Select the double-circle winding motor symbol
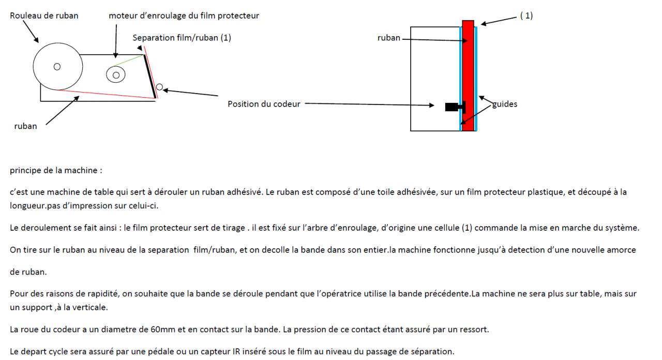tap(116, 75)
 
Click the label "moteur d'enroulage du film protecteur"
tap(184, 16)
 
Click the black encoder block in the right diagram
tap(454, 107)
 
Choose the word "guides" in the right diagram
tap(505, 104)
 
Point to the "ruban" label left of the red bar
tap(389, 38)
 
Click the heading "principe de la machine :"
tap(49, 170)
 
